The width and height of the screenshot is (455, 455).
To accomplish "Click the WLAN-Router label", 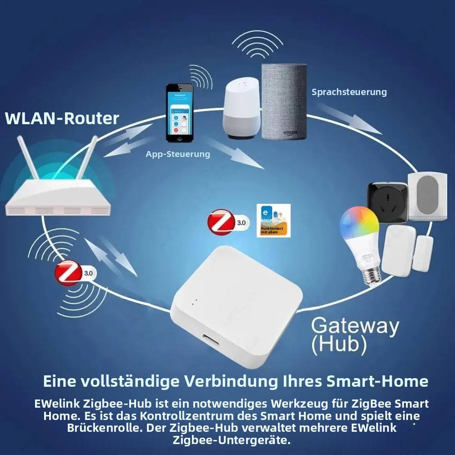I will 62,118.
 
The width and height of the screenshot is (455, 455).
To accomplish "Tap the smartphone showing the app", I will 180,113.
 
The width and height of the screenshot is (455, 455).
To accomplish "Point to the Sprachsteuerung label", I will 349,92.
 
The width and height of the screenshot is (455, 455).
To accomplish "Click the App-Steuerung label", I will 178,154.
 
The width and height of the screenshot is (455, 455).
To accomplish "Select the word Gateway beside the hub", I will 355,327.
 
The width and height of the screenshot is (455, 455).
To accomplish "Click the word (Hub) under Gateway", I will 339,345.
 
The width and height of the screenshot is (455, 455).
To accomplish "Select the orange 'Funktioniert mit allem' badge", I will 273,230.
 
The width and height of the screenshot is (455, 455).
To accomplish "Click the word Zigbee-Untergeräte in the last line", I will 231,440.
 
